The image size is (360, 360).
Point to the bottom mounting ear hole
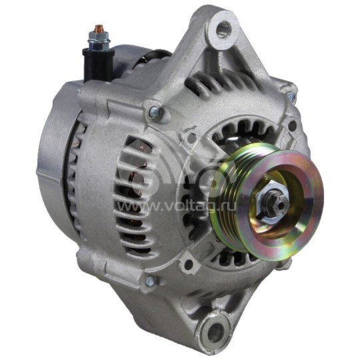215,331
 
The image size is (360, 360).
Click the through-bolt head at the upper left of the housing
154,113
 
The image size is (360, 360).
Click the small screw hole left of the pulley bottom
189,264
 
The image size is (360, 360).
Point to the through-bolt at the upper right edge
291,97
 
